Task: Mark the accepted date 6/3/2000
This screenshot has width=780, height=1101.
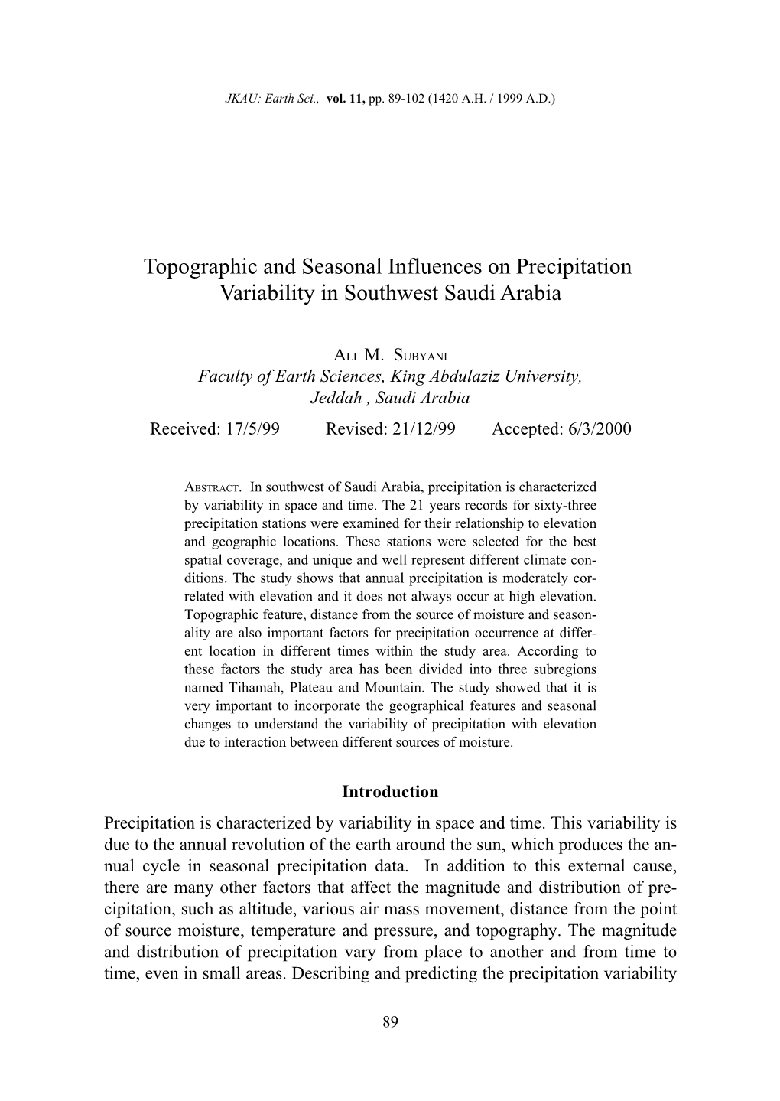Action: click(600, 428)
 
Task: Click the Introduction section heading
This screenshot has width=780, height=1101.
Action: click(390, 792)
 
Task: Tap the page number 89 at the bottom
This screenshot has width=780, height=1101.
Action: click(390, 1022)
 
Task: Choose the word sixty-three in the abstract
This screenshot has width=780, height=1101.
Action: click(568, 505)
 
